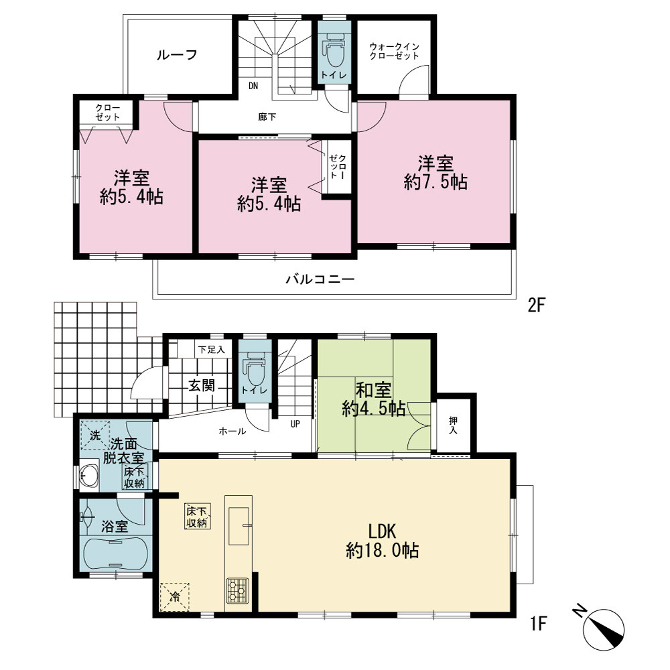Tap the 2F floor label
tap(537, 306)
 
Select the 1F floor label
tap(539, 624)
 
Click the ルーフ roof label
tap(177, 55)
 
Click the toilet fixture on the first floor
tap(255, 368)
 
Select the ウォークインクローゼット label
tap(394, 51)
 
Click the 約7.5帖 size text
tap(435, 182)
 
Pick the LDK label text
tap(383, 531)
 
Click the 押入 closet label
tap(453, 425)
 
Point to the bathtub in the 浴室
tap(115, 553)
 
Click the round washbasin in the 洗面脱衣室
tap(89, 476)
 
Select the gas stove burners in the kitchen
tap(238, 590)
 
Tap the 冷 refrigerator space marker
tap(174, 597)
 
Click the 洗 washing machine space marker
tap(95, 435)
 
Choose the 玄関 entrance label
tap(202, 386)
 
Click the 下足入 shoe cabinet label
tap(212, 350)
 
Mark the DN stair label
tap(253, 86)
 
